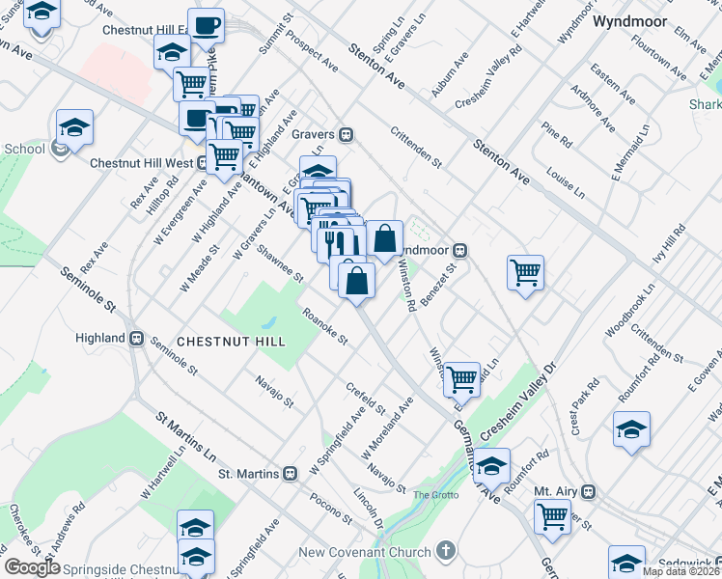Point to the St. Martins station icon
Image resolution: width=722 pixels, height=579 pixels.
[x=290, y=474]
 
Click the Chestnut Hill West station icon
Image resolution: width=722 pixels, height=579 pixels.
[x=202, y=163]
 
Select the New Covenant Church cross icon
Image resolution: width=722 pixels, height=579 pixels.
[x=444, y=552]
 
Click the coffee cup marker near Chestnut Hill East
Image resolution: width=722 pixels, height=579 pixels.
[x=206, y=24]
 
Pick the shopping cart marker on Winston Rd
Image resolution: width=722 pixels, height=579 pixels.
[x=462, y=378]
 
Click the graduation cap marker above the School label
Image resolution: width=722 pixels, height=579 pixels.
[x=74, y=126]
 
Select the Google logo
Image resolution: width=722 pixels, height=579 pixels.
[x=32, y=567]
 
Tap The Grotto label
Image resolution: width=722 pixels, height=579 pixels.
[x=431, y=495]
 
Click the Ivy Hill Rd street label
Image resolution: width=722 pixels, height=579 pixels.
[x=668, y=245]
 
